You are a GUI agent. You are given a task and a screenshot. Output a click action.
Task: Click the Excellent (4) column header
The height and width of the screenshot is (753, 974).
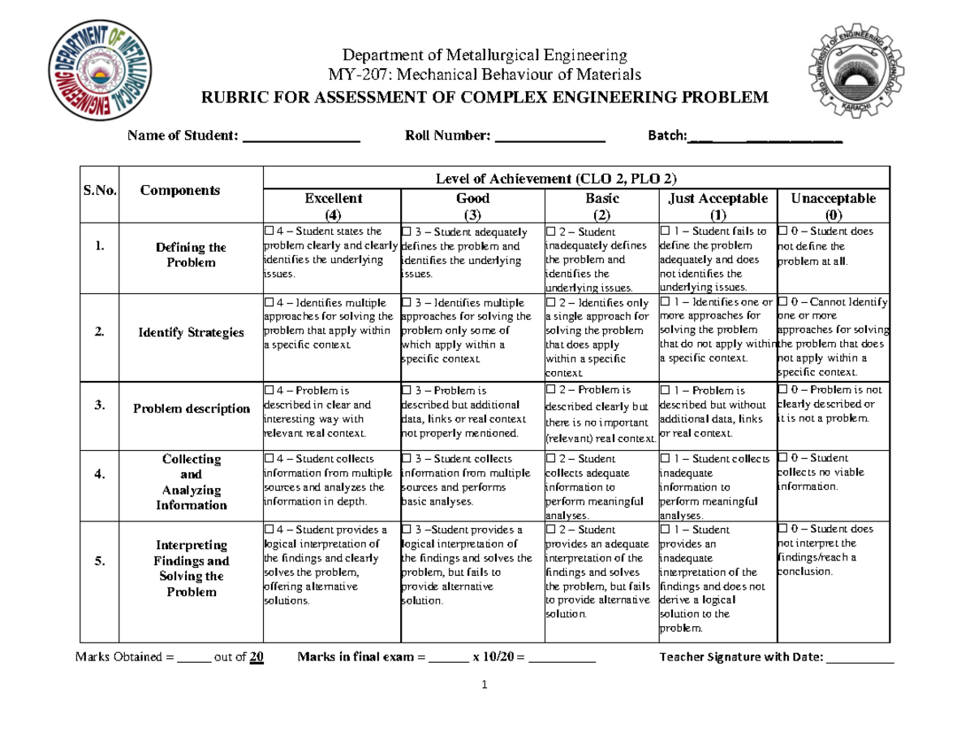333,206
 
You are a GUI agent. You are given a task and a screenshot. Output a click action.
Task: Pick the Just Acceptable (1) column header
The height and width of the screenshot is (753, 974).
716,206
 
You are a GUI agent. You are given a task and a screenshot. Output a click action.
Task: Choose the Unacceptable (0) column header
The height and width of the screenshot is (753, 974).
833,206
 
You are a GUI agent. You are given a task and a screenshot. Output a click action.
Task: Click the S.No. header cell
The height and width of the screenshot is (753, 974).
99,191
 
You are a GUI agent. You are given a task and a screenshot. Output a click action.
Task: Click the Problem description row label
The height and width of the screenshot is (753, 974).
192,409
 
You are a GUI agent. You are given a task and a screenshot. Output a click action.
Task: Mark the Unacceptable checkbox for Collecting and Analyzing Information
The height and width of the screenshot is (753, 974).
783,458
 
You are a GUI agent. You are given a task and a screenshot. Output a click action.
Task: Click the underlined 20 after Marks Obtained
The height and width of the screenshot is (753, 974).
256,657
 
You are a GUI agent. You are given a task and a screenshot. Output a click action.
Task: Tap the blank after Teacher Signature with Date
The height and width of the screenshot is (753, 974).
860,659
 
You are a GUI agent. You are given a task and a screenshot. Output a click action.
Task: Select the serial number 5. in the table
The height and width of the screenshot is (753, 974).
98,561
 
